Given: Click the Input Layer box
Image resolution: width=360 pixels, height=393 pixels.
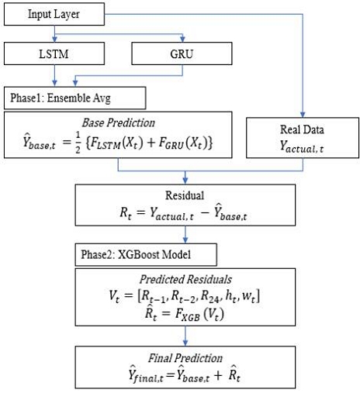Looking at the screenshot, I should [x=53, y=15].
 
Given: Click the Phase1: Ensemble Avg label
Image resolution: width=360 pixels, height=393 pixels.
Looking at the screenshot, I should [x=74, y=98].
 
